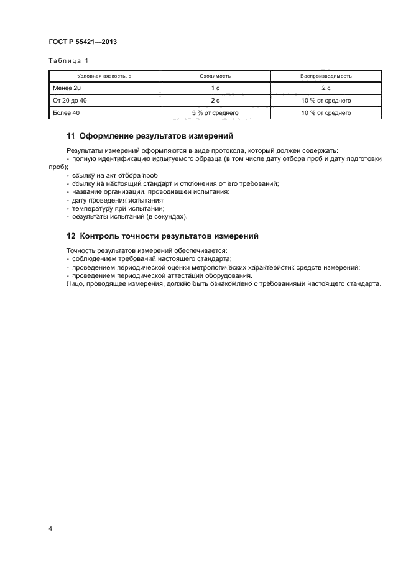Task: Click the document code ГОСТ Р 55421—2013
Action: pyautogui.click(x=83, y=42)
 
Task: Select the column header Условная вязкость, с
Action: pyautogui.click(x=104, y=76)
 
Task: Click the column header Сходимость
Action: pyautogui.click(x=215, y=76)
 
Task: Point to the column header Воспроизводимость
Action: pyautogui.click(x=326, y=76)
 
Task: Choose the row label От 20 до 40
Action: pyautogui.click(x=70, y=100)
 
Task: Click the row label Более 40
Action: pyautogui.click(x=66, y=112)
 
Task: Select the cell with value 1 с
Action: pyautogui.click(x=215, y=88)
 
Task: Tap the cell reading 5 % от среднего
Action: pyautogui.click(x=215, y=112)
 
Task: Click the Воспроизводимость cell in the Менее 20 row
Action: pyautogui.click(x=326, y=88)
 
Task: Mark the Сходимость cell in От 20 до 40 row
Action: pyautogui.click(x=215, y=100)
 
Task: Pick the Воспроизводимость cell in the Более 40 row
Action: pyautogui.click(x=326, y=112)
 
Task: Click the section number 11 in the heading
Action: pyautogui.click(x=70, y=136)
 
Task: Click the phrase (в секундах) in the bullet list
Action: pyautogui.click(x=167, y=216)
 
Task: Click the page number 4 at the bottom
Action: pyautogui.click(x=50, y=528)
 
